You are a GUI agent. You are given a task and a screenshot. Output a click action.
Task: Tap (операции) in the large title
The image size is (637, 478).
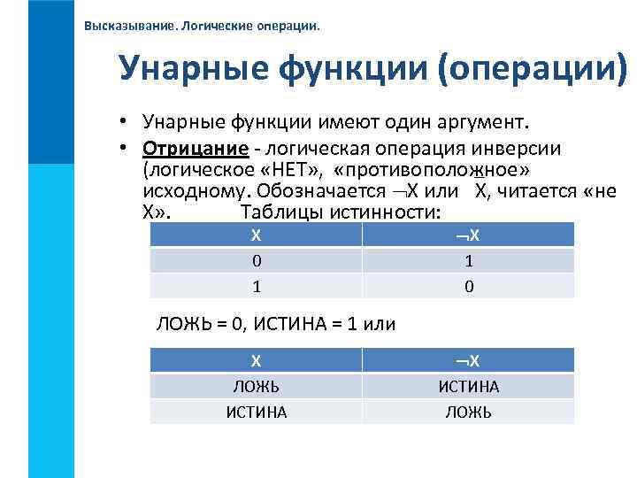coord(533,68)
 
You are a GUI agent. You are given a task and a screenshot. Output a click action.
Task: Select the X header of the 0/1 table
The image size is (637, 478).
coord(256,235)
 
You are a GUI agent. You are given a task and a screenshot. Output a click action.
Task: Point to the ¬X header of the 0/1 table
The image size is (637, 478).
coord(468,235)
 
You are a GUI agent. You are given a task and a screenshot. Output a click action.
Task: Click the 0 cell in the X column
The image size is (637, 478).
coord(256,261)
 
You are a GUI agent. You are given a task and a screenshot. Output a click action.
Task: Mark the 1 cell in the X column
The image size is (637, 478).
coord(256,286)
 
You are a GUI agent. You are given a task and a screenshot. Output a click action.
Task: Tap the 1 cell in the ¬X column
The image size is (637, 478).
coord(469,261)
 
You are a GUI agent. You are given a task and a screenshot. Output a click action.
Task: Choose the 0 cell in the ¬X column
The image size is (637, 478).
coord(469,286)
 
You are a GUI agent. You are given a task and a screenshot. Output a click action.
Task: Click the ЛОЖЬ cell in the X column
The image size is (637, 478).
coord(256,386)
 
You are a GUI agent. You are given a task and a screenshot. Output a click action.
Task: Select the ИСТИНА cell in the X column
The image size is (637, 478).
coord(256,412)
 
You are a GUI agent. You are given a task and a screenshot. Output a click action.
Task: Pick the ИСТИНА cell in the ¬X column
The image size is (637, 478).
coord(469,386)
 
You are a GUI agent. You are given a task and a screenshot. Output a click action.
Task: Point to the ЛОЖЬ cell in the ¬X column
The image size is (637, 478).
coord(469,412)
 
